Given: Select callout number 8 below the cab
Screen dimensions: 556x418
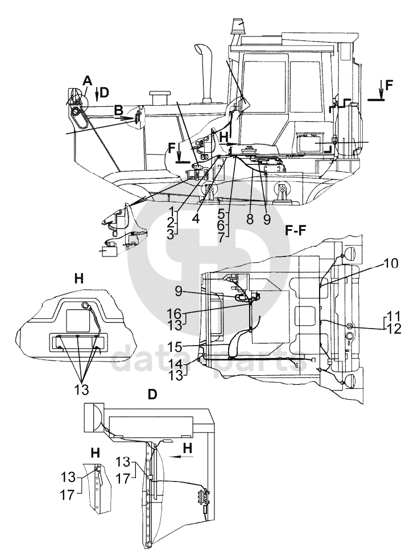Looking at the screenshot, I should coord(250,218).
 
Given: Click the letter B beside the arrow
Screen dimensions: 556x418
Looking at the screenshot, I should coord(118,110).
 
